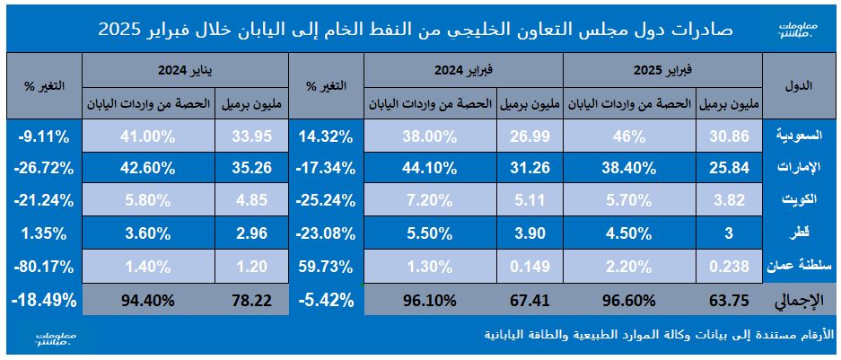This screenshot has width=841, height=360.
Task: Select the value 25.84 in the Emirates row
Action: click(x=728, y=167)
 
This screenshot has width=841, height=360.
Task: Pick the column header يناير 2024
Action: click(x=184, y=68)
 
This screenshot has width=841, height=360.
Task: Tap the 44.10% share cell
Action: click(x=431, y=167)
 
